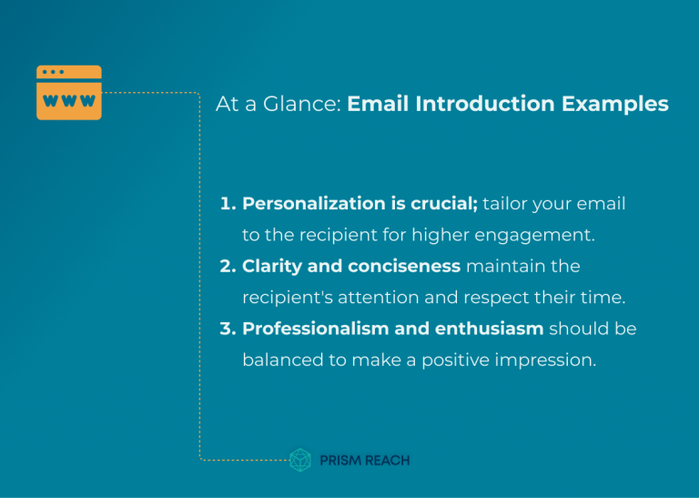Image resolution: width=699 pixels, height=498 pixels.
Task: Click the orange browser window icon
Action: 69,92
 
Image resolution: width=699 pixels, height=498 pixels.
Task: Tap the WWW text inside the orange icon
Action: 69,101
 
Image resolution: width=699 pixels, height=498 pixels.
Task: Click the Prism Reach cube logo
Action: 300,460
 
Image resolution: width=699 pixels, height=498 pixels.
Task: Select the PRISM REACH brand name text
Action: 364,461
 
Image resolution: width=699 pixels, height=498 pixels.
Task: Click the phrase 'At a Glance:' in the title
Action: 278,105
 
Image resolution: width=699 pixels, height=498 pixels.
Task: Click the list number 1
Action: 227,204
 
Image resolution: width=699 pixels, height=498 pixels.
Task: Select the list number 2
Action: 227,267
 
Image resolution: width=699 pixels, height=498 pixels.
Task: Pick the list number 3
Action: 227,329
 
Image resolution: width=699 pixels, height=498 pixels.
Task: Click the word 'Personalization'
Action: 309,204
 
